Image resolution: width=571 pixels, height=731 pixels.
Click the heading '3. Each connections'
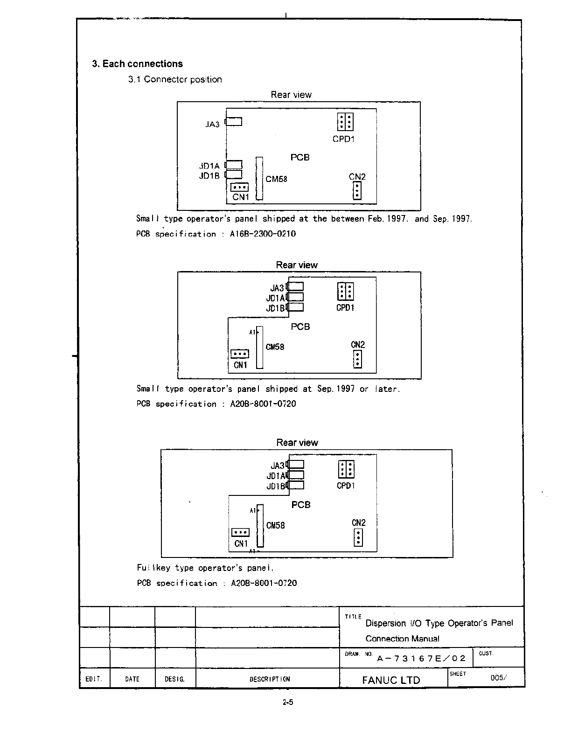[x=137, y=64]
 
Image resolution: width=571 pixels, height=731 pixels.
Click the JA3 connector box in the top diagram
[x=234, y=122]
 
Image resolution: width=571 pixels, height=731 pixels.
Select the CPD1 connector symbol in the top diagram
[x=345, y=122]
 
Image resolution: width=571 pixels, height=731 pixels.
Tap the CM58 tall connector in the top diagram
[x=259, y=178]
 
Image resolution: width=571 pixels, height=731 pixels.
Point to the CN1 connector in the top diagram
[x=240, y=188]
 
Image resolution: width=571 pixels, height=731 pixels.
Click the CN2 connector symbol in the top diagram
[x=357, y=190]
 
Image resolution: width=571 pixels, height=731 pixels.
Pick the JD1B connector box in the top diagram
[x=234, y=174]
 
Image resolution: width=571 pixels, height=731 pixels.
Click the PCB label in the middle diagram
[x=300, y=327]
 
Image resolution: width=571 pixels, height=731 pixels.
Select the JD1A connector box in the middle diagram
[x=295, y=297]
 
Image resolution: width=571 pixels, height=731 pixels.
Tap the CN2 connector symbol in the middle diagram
[x=357, y=359]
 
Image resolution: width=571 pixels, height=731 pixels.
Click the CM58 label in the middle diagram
[x=275, y=347]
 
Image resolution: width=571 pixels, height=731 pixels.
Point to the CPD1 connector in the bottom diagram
[x=346, y=469]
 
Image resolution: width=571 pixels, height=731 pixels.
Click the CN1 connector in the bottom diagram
[x=240, y=532]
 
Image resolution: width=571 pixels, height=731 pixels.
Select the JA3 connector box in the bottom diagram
[x=296, y=465]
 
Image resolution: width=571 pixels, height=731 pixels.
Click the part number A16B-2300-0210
[x=263, y=234]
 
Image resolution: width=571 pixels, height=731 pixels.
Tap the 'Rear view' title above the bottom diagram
[x=297, y=442]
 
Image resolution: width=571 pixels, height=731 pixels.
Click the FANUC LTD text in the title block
[x=391, y=680]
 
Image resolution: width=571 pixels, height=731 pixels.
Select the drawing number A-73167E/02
[x=421, y=658]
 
